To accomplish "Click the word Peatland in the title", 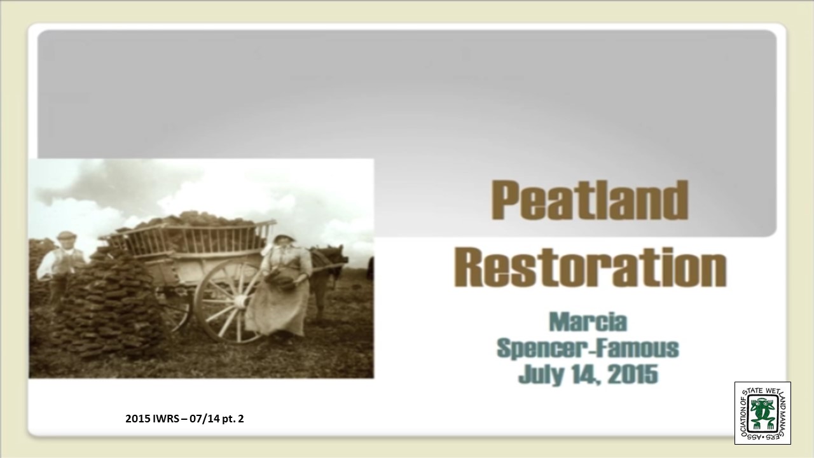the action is pos(590,200).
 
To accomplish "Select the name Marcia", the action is pos(588,322).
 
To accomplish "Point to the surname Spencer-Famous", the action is pos(588,348).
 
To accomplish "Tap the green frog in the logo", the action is pos(762,413).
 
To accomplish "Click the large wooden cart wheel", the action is pos(230,302).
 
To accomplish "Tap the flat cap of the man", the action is pos(67,235).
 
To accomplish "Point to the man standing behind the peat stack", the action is pos(61,265).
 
